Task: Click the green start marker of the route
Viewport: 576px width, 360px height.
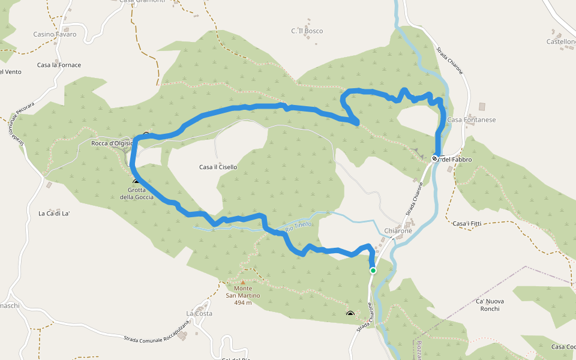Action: pos(373,271)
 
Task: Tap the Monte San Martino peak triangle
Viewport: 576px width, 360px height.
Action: pos(243,282)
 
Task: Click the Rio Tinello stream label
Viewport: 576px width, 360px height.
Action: pos(298,226)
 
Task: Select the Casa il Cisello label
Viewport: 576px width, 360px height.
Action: pos(218,167)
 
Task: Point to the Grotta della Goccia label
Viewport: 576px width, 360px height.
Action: pos(137,193)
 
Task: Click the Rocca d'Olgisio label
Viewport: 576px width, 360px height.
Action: pos(112,143)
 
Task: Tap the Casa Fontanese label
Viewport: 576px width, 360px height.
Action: pos(472,120)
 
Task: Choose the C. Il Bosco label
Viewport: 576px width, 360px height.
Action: pos(307,31)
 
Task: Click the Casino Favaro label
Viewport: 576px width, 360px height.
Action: pos(55,34)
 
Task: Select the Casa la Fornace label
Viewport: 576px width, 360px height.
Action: pos(59,65)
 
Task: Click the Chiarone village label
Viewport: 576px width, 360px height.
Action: pos(398,231)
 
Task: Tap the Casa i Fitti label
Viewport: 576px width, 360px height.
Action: pos(467,224)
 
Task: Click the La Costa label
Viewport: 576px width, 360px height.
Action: pos(199,313)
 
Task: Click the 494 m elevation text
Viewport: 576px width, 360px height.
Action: pos(243,302)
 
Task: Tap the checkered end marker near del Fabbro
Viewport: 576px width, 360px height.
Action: pos(435,159)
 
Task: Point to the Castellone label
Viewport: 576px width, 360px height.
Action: pos(561,41)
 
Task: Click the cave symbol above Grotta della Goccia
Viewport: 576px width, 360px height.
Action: pos(136,181)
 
